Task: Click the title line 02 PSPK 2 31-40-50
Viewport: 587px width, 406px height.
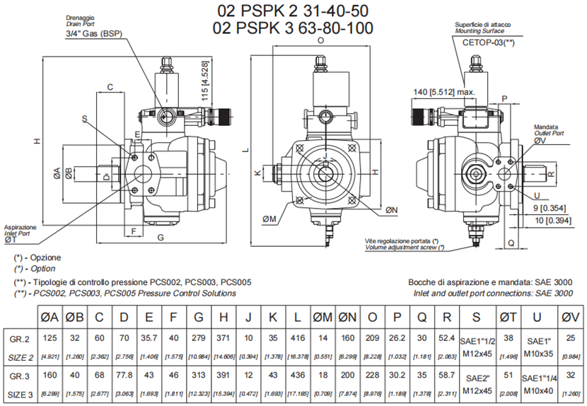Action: click(293, 11)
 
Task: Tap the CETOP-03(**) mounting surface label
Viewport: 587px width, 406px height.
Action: click(488, 42)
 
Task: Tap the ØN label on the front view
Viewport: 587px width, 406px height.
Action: click(391, 209)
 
